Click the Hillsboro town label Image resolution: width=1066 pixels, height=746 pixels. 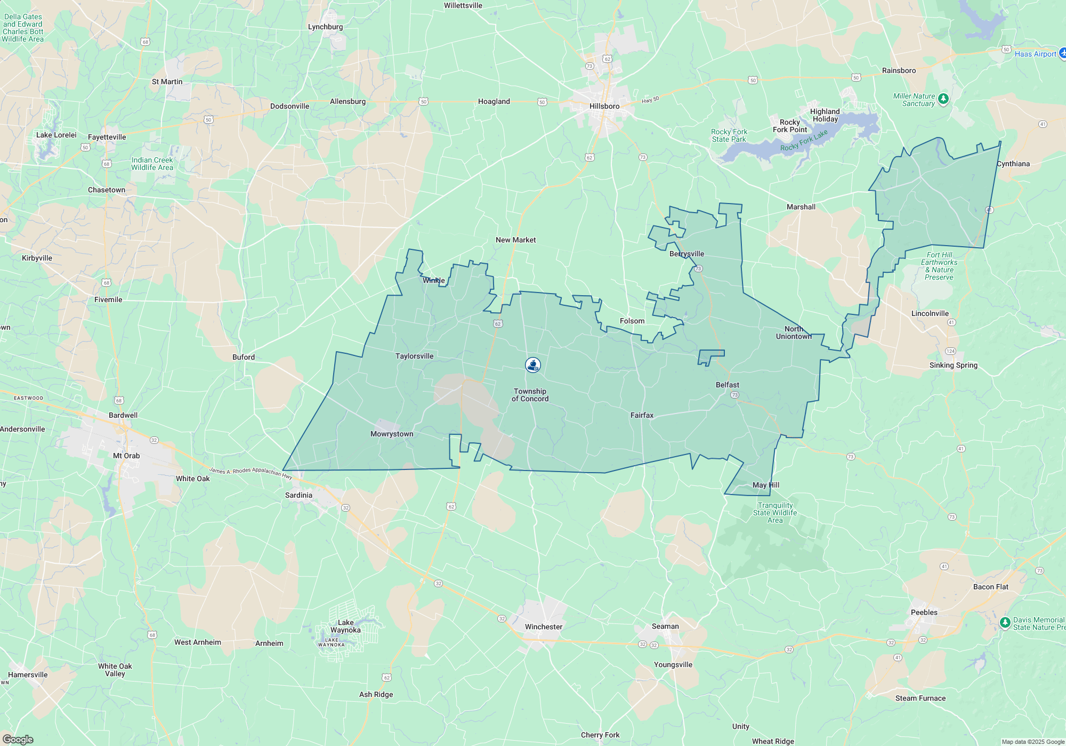[604, 106]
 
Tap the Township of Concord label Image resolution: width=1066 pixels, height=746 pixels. [530, 395]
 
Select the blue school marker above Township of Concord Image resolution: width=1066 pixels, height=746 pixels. [533, 365]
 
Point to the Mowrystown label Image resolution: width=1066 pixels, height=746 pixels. [392, 434]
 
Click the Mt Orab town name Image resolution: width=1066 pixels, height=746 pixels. [126, 456]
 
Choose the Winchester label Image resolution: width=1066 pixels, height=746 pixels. [544, 627]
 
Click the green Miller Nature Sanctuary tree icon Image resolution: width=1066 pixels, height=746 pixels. [943, 99]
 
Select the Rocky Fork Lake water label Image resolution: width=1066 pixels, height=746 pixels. [804, 141]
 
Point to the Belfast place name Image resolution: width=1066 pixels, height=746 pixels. [728, 385]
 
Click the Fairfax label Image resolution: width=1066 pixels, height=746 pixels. [642, 415]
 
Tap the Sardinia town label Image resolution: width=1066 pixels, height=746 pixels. [298, 495]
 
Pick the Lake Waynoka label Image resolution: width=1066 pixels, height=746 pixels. [345, 626]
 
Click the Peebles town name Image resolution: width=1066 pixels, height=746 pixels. [924, 612]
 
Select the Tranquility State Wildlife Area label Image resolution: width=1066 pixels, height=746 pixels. [775, 513]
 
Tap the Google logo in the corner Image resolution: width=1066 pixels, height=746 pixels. [18, 739]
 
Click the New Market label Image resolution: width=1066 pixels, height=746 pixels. [515, 240]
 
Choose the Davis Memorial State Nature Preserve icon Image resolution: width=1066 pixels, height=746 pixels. [1005, 622]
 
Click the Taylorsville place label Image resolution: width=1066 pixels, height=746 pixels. [414, 356]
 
